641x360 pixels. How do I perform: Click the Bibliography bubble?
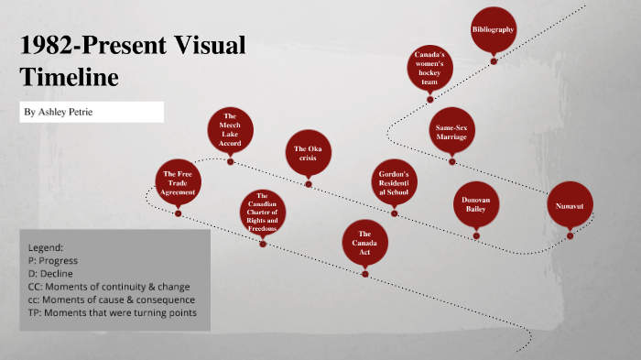click(x=494, y=30)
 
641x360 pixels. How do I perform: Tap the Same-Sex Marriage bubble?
click(x=451, y=132)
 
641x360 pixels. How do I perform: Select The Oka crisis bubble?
click(x=307, y=153)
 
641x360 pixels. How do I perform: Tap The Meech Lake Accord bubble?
click(x=230, y=130)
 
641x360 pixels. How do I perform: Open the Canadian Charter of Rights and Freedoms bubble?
click(x=262, y=213)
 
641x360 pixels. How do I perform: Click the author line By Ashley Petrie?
click(x=58, y=112)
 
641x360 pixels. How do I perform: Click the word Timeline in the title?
click(x=70, y=78)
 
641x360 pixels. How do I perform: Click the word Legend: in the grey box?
click(x=46, y=247)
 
